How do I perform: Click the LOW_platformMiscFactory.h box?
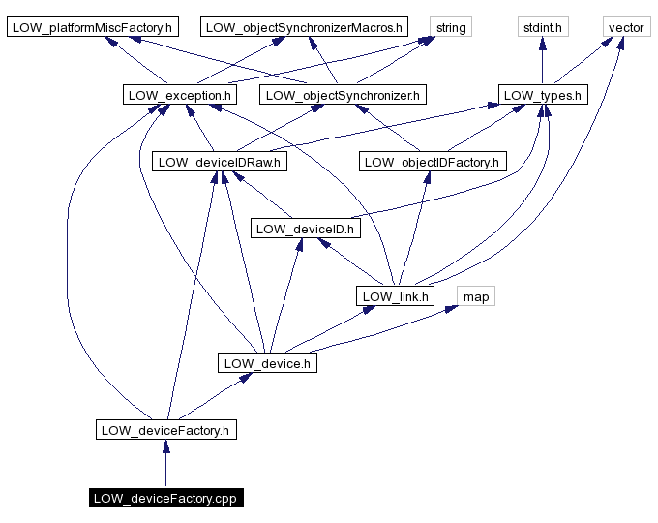tap(92, 27)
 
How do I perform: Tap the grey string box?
tap(451, 27)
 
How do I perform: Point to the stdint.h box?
tap(542, 27)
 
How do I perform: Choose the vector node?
tap(626, 27)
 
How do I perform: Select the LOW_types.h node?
tap(544, 95)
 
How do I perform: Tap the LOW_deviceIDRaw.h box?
tap(220, 162)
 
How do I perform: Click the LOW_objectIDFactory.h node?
tap(433, 162)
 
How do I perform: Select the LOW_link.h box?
tap(395, 295)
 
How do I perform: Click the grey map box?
tap(476, 295)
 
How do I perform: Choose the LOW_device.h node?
tap(266, 363)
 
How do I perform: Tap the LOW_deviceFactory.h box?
tap(165, 429)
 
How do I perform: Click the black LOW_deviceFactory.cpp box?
tap(165, 498)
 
